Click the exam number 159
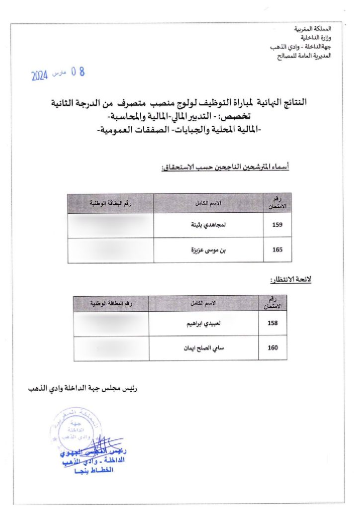point(277,225)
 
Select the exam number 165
point(277,250)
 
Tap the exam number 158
point(272,324)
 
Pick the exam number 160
point(272,348)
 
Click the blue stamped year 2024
point(39,76)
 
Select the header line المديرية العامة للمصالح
point(303,56)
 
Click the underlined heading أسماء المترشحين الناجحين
point(225,168)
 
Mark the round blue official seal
point(70,430)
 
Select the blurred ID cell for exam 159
point(110,225)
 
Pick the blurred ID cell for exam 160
point(110,348)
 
